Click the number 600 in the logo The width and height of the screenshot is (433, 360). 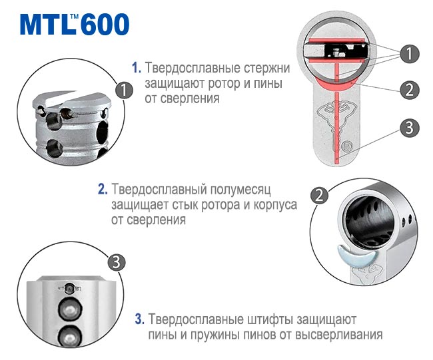click(105, 24)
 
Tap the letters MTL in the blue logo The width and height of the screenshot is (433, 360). click(48, 25)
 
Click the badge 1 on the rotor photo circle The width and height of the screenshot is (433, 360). click(124, 90)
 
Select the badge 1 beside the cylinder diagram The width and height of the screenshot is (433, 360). click(410, 53)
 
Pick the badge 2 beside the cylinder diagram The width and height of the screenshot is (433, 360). click(410, 90)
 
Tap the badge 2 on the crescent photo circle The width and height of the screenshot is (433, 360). click(319, 196)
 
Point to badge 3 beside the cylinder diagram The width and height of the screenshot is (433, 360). click(410, 128)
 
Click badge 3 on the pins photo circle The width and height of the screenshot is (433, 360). click(117, 262)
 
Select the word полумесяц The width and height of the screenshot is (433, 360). click(240, 190)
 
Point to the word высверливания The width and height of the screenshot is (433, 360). click(338, 335)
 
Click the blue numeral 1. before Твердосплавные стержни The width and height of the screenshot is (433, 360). click(137, 68)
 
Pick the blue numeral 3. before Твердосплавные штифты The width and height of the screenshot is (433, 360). click(140, 319)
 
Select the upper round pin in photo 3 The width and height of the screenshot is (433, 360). click(70, 309)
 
